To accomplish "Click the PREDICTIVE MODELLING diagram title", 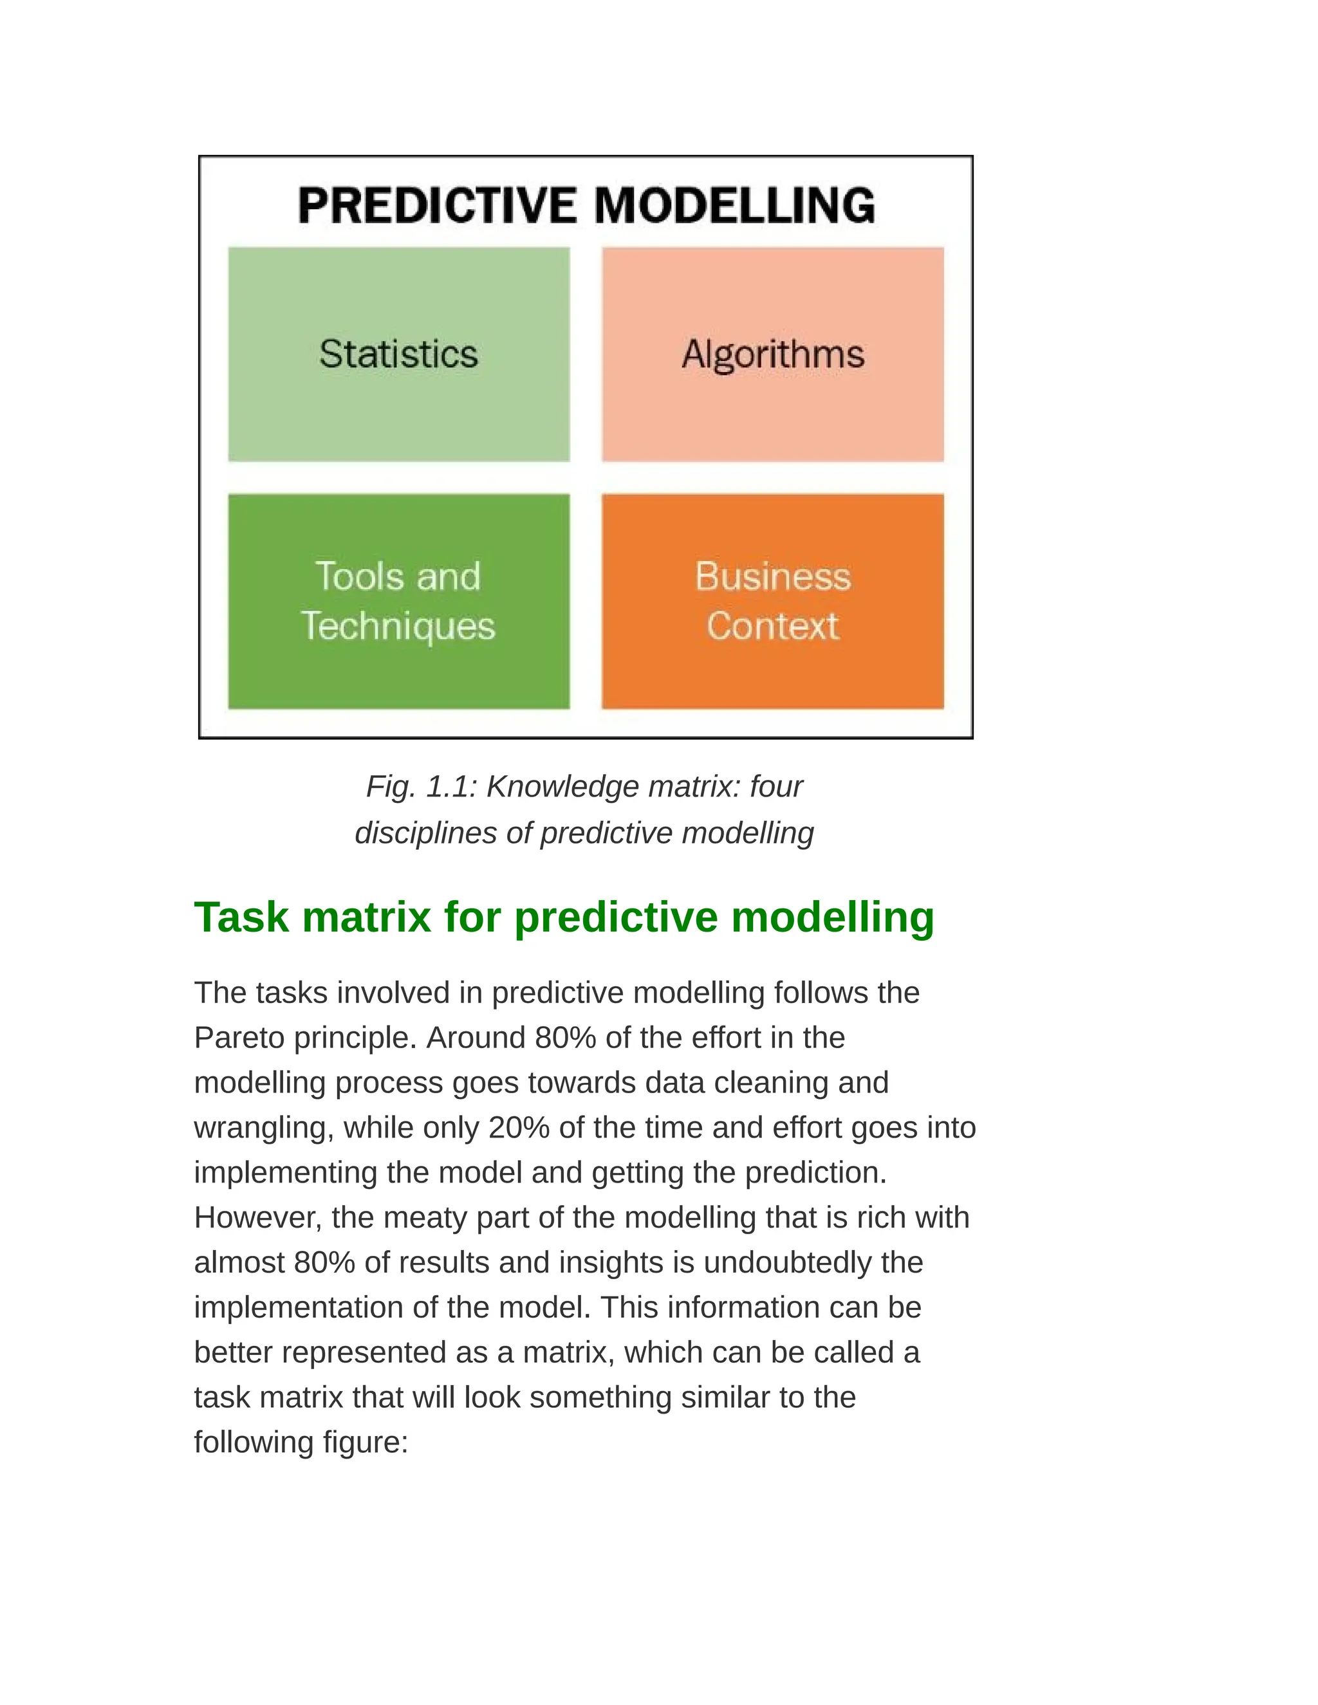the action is coord(586,205).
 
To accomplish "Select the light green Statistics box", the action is coord(398,355).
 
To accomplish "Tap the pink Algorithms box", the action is coord(772,355).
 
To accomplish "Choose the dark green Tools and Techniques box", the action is coord(398,601).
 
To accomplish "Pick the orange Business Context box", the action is coord(772,601).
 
